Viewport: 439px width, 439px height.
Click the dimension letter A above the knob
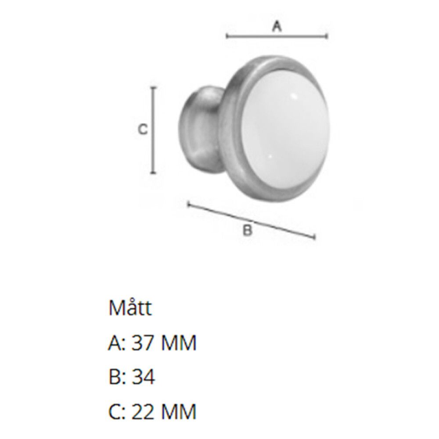[277, 27]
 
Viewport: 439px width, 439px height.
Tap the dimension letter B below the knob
[248, 230]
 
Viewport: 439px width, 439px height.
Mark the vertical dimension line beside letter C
[153, 130]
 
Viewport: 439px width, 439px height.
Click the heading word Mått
[130, 309]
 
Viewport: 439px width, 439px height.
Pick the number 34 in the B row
[144, 378]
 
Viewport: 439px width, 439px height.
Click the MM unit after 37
[178, 343]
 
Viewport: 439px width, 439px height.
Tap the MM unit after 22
[178, 412]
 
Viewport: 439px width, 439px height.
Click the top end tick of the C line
[153, 88]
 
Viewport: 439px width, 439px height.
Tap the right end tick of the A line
[327, 36]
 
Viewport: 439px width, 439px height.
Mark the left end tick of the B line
[188, 204]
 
